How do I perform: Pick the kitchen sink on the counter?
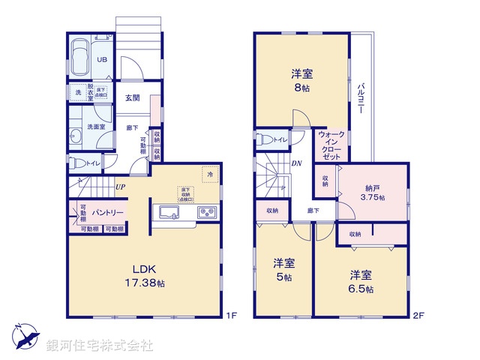169,213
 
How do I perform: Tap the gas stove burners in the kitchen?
206,213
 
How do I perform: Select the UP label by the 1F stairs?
120,187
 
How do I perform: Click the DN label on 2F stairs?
296,163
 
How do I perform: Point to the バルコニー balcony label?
361,98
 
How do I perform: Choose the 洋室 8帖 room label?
301,81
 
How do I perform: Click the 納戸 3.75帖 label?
372,191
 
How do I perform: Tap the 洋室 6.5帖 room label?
361,282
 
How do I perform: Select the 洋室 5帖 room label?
283,270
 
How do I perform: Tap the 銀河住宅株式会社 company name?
100,345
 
